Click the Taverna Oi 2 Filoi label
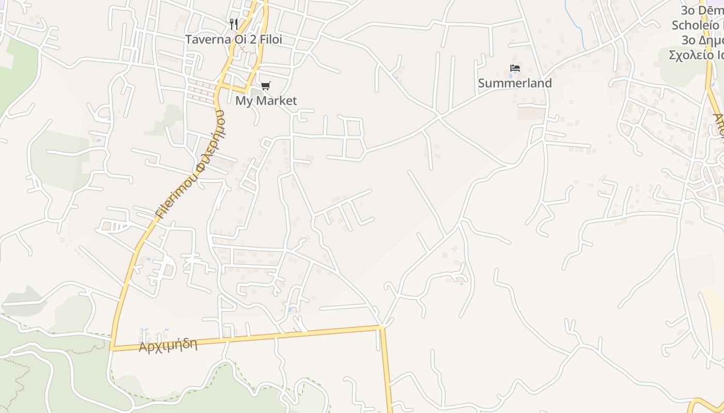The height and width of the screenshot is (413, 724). [x=234, y=39]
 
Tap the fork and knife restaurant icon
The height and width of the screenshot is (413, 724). [x=234, y=24]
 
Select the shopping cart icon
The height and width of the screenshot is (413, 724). [x=265, y=86]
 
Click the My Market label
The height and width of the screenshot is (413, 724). [x=266, y=101]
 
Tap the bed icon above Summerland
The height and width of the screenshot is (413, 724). [x=515, y=68]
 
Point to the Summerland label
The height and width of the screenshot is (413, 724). [x=515, y=83]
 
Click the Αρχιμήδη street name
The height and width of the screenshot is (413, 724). [x=168, y=345]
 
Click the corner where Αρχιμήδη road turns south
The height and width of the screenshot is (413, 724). [x=382, y=327]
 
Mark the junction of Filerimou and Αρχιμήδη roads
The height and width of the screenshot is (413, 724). [x=112, y=349]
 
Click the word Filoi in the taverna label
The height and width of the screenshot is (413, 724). [x=268, y=39]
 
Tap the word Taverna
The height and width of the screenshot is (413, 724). [x=206, y=39]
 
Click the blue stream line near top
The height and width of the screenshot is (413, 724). [x=574, y=23]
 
